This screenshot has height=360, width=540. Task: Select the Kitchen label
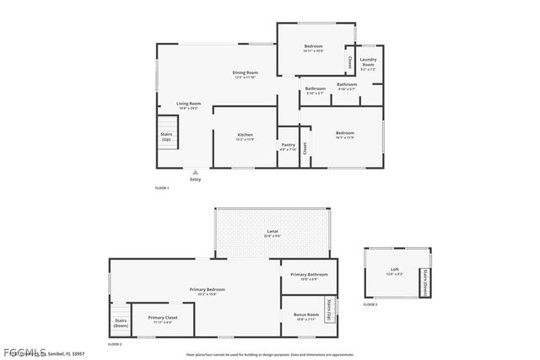(x=245, y=135)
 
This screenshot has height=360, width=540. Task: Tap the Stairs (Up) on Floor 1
(x=166, y=137)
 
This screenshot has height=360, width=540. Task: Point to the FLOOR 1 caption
(x=162, y=187)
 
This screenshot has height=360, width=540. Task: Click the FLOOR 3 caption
(x=370, y=304)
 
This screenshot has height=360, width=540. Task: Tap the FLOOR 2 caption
(x=115, y=344)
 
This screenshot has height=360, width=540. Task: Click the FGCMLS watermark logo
(x=24, y=351)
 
